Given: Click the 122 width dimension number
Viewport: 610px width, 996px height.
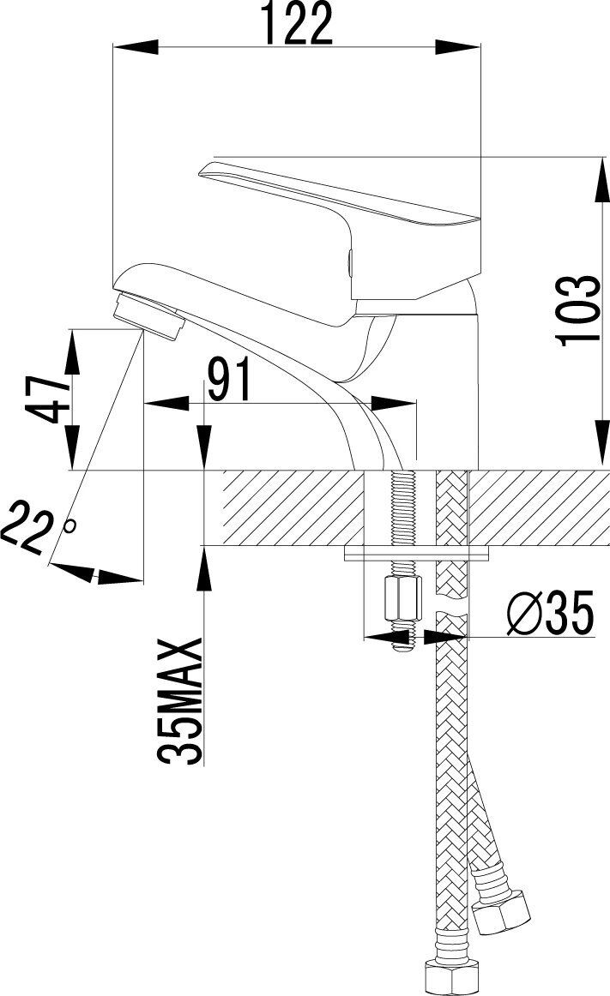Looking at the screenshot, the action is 298,23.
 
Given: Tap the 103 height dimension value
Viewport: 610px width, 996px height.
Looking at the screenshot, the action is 578,310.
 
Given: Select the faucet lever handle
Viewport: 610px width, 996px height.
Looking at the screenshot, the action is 339,219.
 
